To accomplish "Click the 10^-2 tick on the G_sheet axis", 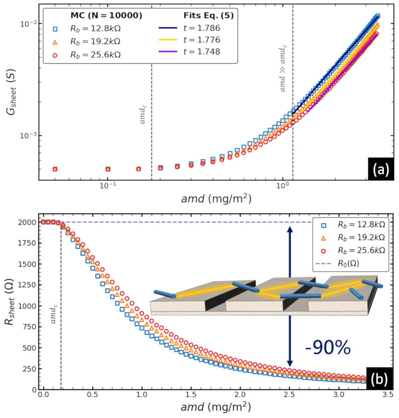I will coord(26,24).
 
